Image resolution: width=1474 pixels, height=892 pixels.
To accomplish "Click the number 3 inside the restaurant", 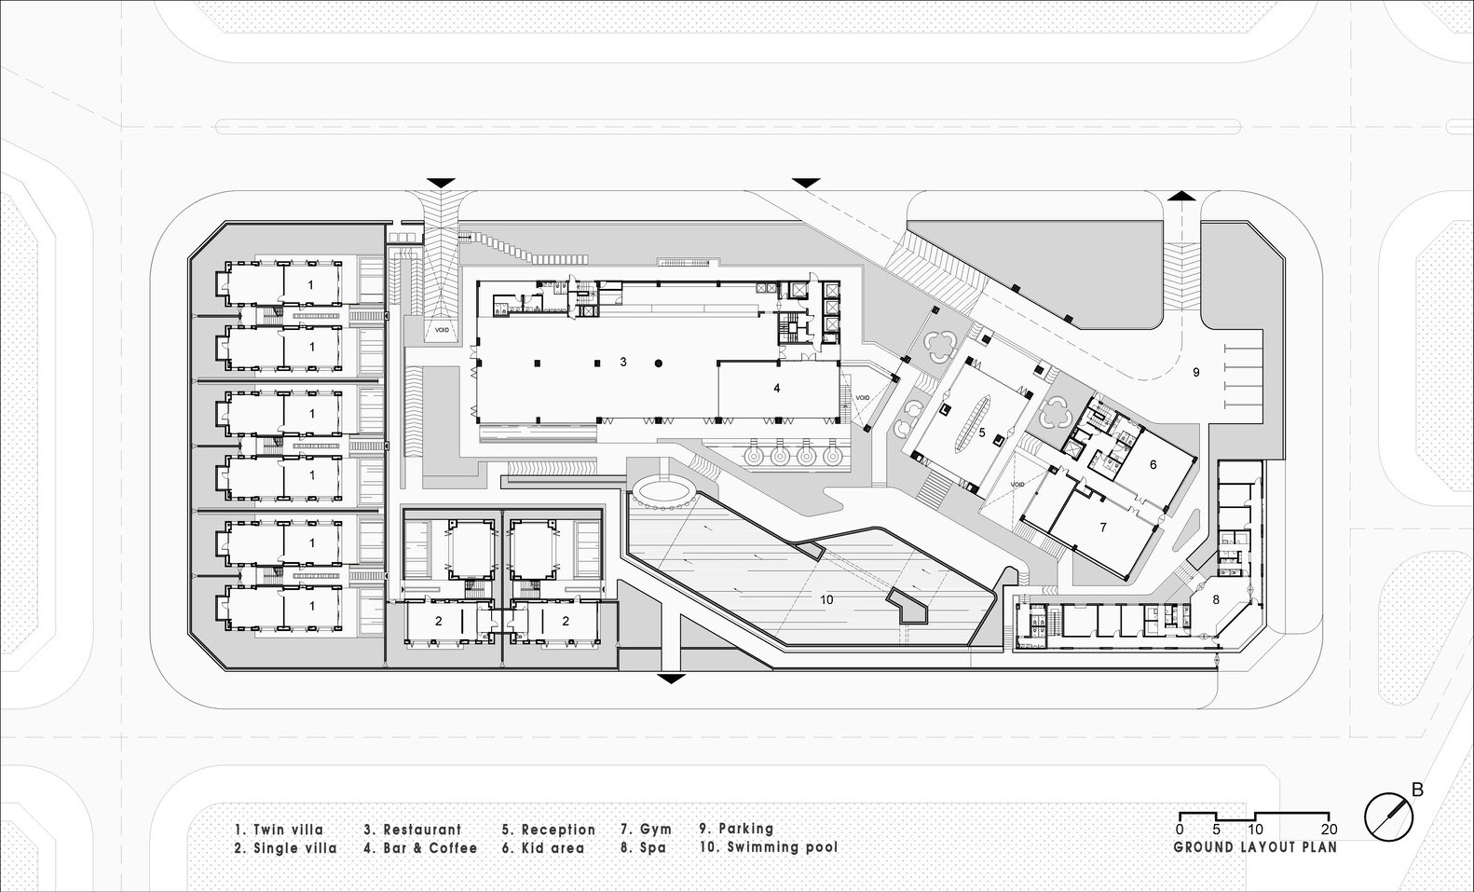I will [x=623, y=361].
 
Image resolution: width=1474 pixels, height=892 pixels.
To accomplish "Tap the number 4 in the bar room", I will [x=776, y=389].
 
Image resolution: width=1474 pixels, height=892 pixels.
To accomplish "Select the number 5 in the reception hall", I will [x=981, y=432].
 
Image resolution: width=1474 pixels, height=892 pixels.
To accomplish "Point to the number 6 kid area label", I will [x=1153, y=463].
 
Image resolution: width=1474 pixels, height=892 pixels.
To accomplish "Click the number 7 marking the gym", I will [x=1103, y=527].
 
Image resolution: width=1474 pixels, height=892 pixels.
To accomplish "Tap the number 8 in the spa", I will [x=1215, y=600].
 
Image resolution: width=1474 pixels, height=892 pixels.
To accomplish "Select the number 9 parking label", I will [x=1196, y=372].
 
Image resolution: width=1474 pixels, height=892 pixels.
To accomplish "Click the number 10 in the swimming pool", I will [x=826, y=599].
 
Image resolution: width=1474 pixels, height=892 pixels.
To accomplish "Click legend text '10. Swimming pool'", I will [x=768, y=847].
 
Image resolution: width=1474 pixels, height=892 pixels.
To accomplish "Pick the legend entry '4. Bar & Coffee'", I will [x=420, y=848].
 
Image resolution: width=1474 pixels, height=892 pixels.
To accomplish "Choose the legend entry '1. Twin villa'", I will [x=279, y=829].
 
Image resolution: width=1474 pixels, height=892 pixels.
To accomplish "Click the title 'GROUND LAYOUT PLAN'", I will [x=1254, y=847].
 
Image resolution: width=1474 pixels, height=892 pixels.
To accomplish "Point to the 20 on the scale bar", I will [x=1330, y=830].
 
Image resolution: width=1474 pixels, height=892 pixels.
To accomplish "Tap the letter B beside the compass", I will [x=1417, y=790].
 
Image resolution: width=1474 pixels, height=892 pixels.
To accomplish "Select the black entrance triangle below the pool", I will [x=670, y=678].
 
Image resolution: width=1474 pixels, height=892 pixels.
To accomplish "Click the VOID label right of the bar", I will [x=864, y=398].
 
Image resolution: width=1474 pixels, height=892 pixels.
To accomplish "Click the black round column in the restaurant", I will [x=659, y=362].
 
